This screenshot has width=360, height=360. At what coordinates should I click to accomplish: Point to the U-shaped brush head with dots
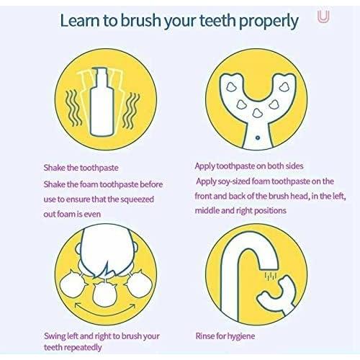point(257,94)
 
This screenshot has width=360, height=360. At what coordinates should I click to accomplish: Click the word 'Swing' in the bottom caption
point(55,335)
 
